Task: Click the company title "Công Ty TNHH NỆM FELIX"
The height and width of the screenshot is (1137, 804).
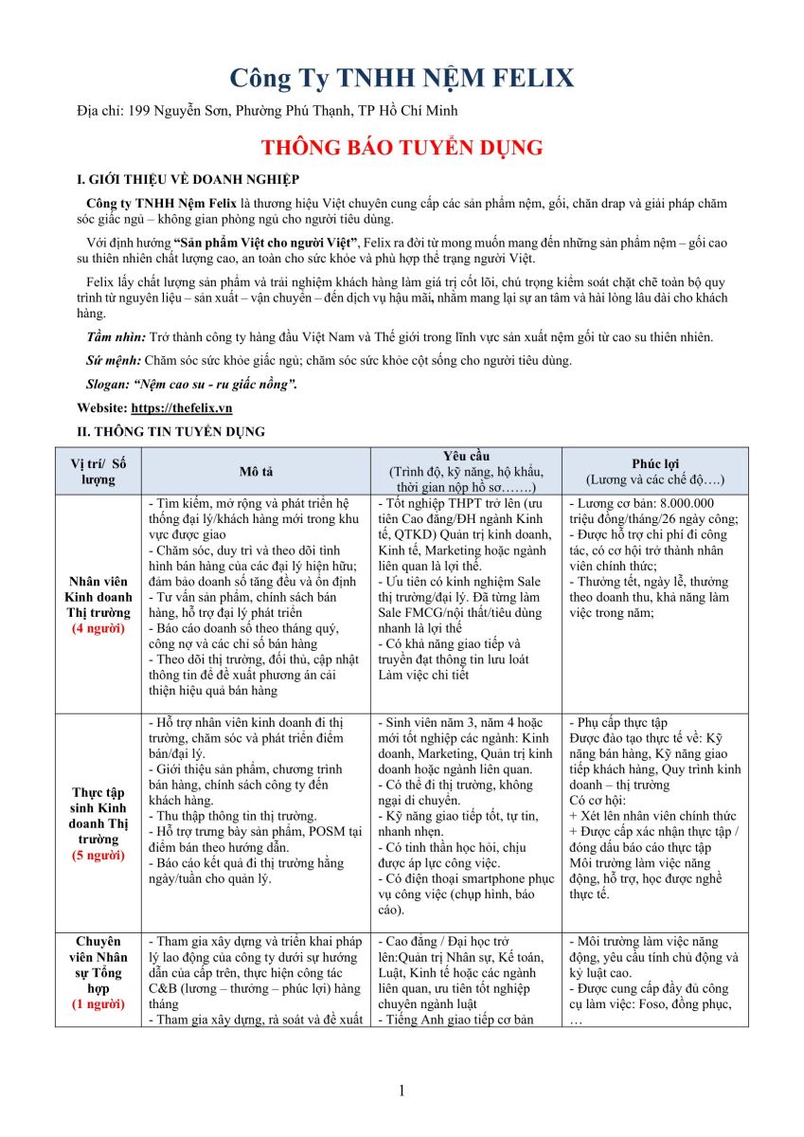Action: click(402, 77)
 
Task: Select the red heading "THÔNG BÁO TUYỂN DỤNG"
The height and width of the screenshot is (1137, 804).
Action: click(402, 148)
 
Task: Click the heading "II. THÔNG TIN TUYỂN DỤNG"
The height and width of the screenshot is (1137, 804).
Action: click(170, 431)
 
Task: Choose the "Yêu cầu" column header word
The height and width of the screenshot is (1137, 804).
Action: click(467, 457)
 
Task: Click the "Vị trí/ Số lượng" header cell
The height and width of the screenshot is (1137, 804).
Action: click(98, 471)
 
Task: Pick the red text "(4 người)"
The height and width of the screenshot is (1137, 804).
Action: click(98, 628)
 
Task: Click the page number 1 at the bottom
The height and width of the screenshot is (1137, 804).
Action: click(402, 1091)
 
